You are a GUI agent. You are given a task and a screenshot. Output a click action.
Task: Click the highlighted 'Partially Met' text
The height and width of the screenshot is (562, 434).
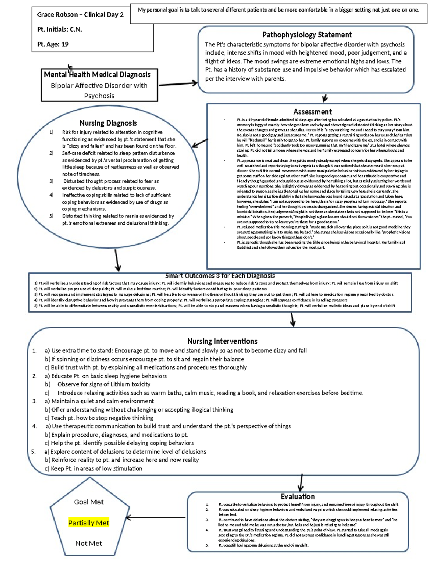pos(89,523)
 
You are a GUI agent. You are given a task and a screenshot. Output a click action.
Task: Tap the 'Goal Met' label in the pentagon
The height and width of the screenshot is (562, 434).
pos(89,502)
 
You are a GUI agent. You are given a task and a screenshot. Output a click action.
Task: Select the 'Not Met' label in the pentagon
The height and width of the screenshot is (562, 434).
pos(89,543)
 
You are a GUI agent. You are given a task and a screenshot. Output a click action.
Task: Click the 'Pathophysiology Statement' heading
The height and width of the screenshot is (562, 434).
pos(307,35)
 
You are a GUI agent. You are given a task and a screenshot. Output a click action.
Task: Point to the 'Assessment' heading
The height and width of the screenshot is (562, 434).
pos(312,112)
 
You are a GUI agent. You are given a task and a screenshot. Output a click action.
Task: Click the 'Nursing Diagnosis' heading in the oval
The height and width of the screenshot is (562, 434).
pos(108,123)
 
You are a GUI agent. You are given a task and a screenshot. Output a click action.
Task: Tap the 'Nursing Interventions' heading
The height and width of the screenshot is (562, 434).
pos(222,341)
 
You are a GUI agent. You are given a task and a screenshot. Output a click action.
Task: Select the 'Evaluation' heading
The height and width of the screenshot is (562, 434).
pos(298,496)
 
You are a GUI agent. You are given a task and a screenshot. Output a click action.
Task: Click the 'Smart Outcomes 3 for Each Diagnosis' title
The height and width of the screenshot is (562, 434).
pos(220,276)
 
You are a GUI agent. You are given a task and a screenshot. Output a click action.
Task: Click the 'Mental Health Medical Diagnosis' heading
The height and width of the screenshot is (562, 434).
pos(97,75)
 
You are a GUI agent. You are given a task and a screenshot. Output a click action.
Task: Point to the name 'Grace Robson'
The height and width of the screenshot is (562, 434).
pos(57,15)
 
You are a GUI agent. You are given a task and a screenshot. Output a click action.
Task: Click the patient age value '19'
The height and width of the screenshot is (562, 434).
pos(65,44)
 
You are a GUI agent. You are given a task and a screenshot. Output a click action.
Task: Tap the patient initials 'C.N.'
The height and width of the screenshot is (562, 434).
pos(76,30)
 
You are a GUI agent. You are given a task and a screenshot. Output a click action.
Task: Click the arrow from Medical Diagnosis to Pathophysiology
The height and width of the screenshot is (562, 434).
pos(178,84)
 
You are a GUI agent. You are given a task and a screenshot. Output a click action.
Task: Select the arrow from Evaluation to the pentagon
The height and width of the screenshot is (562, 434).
pos(156,518)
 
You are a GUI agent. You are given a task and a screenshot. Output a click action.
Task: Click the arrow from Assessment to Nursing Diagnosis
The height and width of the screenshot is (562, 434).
pos(200,143)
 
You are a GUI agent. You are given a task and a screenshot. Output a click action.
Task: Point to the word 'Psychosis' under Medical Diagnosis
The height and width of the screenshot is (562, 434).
pos(99,96)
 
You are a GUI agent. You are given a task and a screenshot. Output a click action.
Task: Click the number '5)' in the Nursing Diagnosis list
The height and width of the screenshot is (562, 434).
pos(51,216)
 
